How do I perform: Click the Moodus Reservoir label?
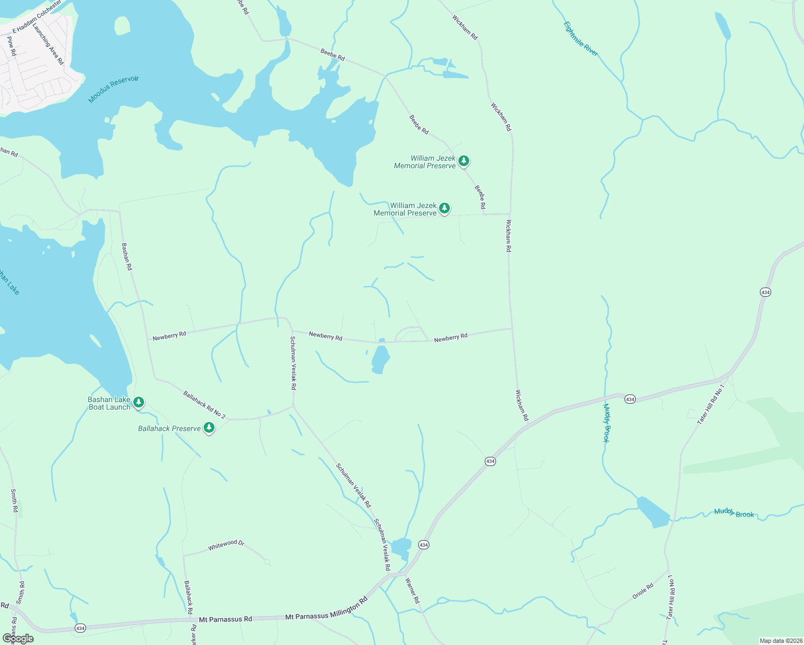pyautogui.click(x=113, y=89)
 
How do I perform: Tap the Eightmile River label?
pyautogui.click(x=580, y=38)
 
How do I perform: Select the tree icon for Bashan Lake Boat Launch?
pyautogui.click(x=139, y=402)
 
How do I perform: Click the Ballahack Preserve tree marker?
pyautogui.click(x=209, y=428)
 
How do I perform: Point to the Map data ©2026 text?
pyautogui.click(x=780, y=641)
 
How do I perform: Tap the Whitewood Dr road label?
pyautogui.click(x=226, y=545)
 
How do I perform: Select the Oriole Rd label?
pyautogui.click(x=642, y=591)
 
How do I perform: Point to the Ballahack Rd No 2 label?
pyautogui.click(x=204, y=404)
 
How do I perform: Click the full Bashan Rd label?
pyautogui.click(x=126, y=256)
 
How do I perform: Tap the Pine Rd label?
pyautogui.click(x=11, y=46)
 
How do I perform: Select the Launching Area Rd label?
pyautogui.click(x=48, y=44)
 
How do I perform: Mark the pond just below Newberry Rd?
pyautogui.click(x=380, y=359)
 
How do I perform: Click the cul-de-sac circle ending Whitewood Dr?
pyautogui.click(x=267, y=562)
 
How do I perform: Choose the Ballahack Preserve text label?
pyautogui.click(x=169, y=428)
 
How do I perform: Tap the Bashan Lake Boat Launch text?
pyautogui.click(x=110, y=403)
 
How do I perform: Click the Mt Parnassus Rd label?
pyautogui.click(x=225, y=619)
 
